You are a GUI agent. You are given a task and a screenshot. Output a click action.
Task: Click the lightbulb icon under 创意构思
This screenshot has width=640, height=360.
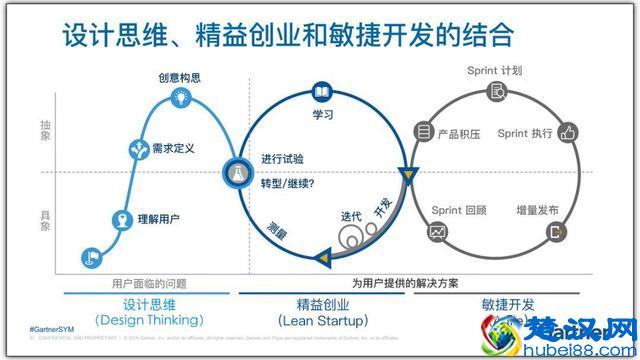click(181, 97)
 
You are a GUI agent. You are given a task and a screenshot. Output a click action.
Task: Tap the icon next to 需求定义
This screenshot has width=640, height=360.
click(139, 149)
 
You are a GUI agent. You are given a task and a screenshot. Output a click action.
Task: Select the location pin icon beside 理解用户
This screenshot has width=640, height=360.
click(119, 219)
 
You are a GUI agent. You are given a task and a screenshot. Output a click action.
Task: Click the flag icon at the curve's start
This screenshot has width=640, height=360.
click(90, 257)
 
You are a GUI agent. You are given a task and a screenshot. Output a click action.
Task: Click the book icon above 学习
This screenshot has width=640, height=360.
click(322, 91)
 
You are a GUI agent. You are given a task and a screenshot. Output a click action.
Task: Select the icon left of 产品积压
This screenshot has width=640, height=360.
click(424, 132)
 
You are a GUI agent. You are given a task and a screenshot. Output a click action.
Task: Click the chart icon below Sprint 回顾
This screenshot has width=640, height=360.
click(437, 232)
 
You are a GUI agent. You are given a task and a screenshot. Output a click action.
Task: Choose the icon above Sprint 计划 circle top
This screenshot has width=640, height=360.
click(497, 92)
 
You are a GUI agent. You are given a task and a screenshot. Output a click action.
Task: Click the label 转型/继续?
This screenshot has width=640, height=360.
click(288, 184)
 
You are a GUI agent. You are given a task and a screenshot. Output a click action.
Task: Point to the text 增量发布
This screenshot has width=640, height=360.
click(537, 210)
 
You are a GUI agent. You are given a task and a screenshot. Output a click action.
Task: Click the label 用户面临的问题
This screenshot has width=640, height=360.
click(149, 284)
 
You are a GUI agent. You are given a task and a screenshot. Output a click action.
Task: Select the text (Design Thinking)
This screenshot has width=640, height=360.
click(149, 320)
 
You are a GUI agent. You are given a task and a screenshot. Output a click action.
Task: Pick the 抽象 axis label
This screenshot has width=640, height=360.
click(45, 131)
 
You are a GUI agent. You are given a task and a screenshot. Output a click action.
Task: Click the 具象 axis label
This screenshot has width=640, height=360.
click(45, 219)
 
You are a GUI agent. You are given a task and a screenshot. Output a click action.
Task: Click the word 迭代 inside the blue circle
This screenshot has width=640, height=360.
click(351, 216)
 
